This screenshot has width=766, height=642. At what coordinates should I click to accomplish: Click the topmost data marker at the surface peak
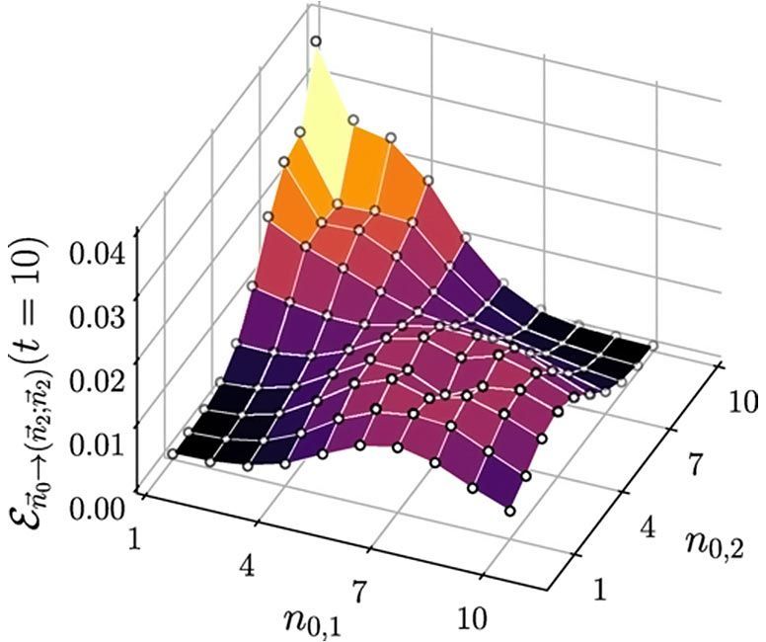316,40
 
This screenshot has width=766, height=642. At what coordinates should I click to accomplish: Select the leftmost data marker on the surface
173,454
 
